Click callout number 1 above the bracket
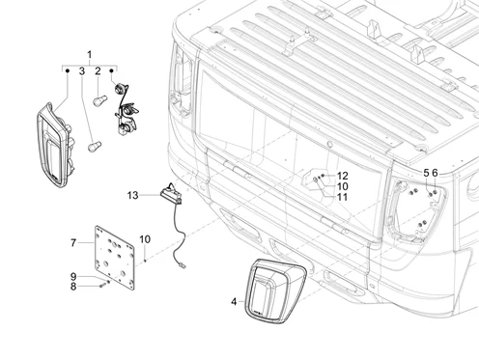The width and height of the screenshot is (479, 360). click(90, 54)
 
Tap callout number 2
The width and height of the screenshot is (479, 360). click(98, 71)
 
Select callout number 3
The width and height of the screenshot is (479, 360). click(82, 71)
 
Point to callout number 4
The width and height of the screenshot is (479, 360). click(234, 302)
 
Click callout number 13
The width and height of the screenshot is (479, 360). click(133, 195)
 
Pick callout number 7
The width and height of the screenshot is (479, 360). click(73, 243)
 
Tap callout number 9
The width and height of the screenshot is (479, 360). click(73, 276)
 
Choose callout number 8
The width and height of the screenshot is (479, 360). click(73, 286)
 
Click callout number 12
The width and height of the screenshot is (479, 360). click(343, 176)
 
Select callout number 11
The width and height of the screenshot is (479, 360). click(343, 197)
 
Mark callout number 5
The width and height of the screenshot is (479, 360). click(426, 173)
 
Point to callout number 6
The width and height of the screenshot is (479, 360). click(435, 173)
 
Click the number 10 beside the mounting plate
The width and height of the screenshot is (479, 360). click(145, 239)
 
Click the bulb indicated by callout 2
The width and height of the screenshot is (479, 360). click(98, 101)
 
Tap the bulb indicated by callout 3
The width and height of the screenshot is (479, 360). click(95, 147)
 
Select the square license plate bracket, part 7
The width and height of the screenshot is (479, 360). click(115, 258)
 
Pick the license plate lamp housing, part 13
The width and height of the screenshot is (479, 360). click(170, 194)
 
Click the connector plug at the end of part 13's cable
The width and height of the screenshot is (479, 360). click(183, 265)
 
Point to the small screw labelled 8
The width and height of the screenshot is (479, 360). click(102, 285)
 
